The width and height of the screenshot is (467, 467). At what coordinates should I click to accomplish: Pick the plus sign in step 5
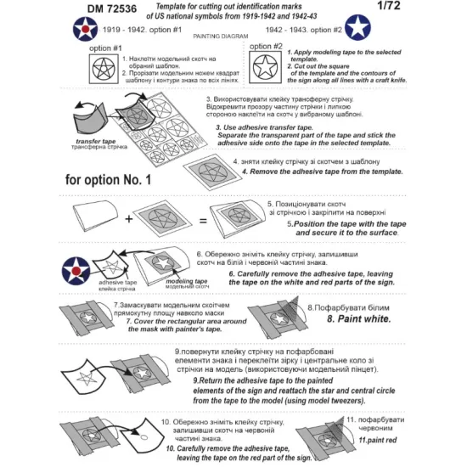(127, 220)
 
